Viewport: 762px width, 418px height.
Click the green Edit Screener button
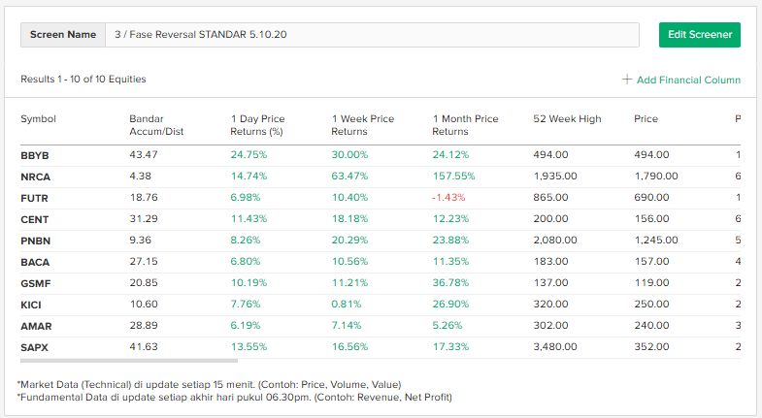pos(699,34)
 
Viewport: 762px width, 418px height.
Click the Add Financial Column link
pos(681,80)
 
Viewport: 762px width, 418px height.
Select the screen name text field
pos(372,34)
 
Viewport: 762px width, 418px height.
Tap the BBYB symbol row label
pos(35,154)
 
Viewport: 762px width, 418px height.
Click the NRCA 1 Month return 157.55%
pos(453,177)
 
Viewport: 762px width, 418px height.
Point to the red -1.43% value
pos(449,198)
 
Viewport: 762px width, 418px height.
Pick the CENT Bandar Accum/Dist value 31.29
pos(143,219)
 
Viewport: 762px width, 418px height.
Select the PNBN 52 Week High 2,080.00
pos(555,241)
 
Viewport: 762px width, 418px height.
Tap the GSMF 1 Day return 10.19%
pos(248,283)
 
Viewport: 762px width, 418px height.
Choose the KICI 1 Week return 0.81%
pos(346,305)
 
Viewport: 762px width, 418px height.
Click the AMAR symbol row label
pos(35,326)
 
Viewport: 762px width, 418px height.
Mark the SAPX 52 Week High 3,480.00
pos(555,347)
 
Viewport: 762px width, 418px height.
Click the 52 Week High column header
pos(567,119)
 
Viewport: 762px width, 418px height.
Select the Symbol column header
pos(39,119)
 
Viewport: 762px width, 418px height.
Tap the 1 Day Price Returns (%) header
pos(257,125)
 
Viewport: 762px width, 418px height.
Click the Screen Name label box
pos(63,34)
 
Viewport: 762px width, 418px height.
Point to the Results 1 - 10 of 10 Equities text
pos(83,79)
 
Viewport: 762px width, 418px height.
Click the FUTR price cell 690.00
pos(651,198)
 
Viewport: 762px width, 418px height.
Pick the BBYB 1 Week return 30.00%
pos(349,154)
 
